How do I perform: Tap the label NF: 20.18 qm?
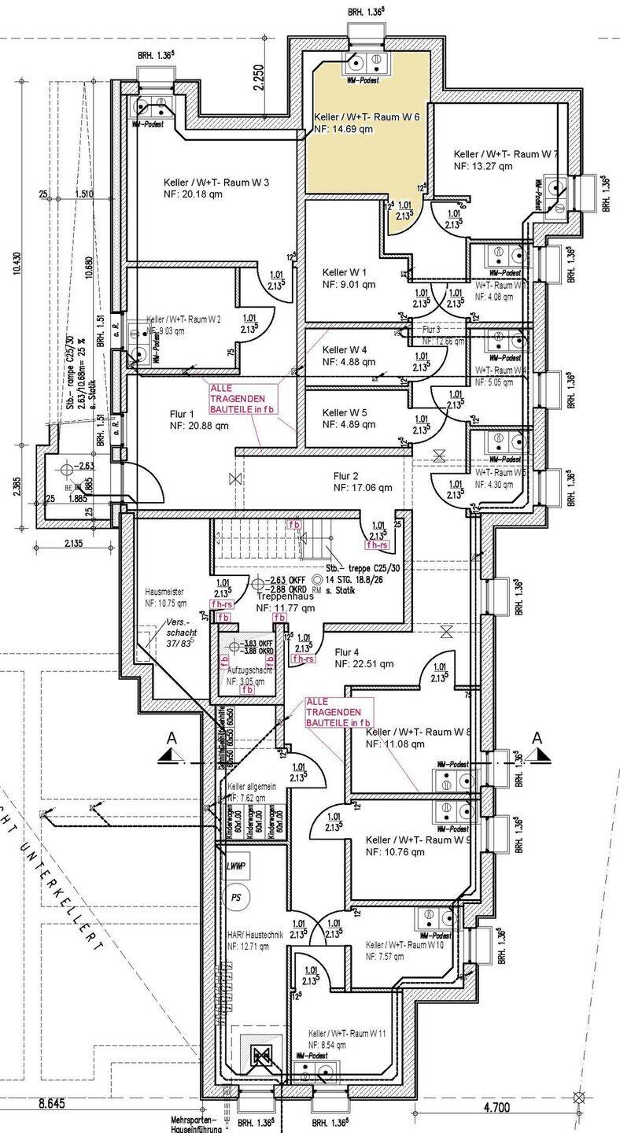pos(194,194)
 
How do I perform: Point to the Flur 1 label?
pos(181,414)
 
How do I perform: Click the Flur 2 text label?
pos(346,476)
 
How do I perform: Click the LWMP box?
pos(236,866)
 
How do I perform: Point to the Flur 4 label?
pos(347,652)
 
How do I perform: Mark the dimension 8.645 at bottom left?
pos(50,1104)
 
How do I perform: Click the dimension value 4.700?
pos(497,1107)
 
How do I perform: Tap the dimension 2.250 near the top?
pos(259,79)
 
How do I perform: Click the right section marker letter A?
pos(537,738)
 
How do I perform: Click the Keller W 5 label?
pos(345,413)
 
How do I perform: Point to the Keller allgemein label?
pos(252,787)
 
